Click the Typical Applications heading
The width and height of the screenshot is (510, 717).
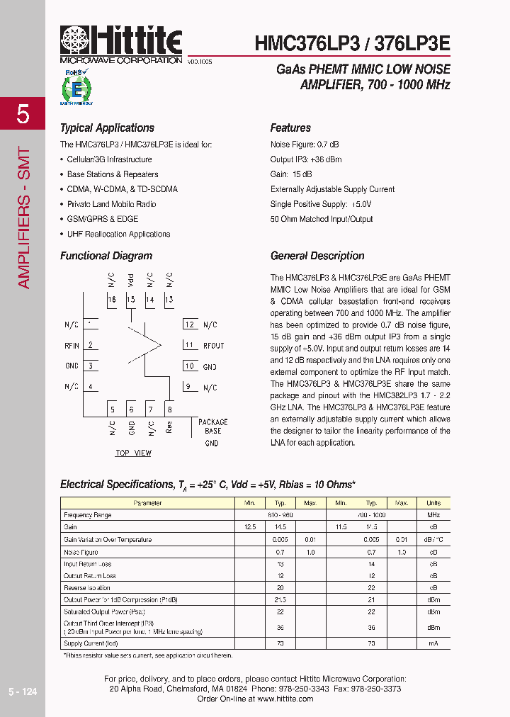pos(107,128)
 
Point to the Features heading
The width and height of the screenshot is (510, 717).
pos(290,128)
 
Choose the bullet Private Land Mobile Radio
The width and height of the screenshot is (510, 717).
pos(111,204)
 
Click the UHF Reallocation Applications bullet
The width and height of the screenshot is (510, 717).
pos(118,234)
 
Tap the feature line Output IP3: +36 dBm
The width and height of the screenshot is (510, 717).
pos(306,159)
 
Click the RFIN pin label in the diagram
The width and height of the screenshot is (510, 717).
pos(72,346)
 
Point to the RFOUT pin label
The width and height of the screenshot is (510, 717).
pos(213,346)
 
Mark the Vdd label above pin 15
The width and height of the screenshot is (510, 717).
pos(130,279)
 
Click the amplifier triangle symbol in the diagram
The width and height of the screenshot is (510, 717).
pos(145,345)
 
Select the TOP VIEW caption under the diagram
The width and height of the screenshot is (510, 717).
pos(133,453)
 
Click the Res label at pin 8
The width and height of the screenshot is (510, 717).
pos(169,427)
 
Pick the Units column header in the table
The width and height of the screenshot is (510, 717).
pos(433,503)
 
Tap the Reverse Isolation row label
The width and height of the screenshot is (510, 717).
pos(87,587)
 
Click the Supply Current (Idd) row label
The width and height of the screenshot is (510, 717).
pos(90,643)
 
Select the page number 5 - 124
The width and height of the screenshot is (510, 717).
pos(23,691)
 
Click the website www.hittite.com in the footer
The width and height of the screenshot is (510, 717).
pos(285,699)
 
